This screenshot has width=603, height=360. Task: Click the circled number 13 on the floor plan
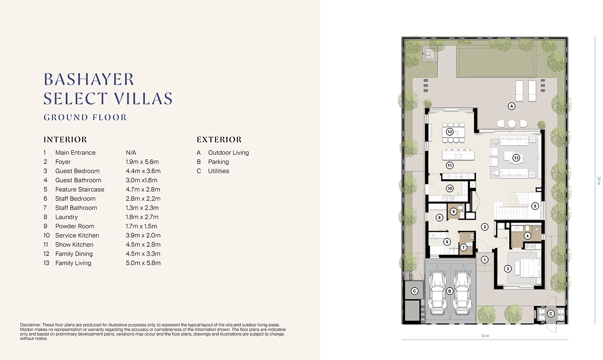coord(516,158)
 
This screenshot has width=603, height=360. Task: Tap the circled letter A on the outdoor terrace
coord(511,106)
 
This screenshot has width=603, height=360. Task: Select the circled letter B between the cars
coord(450,291)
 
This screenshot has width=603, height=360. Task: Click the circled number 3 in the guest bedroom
coord(508,269)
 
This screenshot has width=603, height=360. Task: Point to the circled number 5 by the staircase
coord(535,206)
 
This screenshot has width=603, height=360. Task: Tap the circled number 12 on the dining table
coord(450,132)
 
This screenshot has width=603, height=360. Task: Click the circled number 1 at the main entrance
coord(485,260)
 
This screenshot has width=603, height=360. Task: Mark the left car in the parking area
coord(437,294)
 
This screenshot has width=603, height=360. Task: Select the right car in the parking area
coord(463,294)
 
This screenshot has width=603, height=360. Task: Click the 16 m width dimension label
coord(485,336)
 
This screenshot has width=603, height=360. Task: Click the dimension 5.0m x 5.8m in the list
coord(143,263)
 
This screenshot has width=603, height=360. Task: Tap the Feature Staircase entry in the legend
coord(80,189)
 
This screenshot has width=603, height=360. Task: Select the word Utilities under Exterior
coord(218,171)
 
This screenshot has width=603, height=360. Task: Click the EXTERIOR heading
coord(219,140)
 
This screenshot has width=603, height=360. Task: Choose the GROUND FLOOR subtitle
coord(85,117)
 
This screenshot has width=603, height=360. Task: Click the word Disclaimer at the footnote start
coord(30,325)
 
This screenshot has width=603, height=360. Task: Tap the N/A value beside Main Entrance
coord(131,152)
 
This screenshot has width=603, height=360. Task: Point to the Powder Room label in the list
coord(75,226)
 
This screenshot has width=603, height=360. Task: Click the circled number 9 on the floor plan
coord(453,212)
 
